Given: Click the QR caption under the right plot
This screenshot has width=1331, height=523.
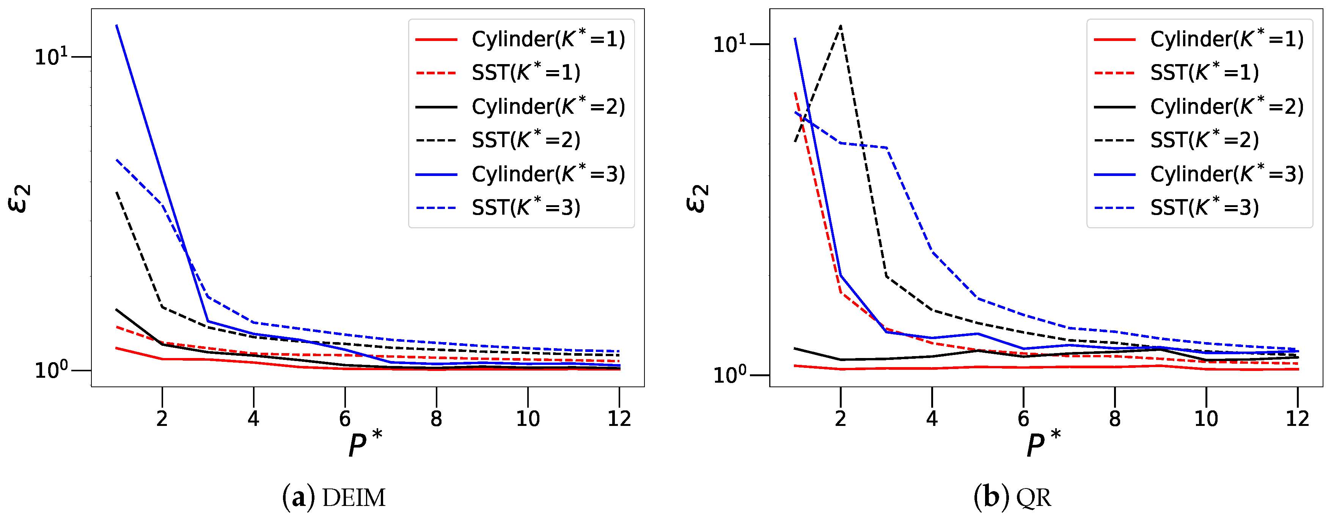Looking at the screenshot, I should coord(1012,497).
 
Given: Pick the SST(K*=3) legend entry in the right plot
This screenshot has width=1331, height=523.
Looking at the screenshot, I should coord(1204,208).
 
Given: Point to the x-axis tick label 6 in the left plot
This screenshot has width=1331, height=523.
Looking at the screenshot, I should coord(345,419).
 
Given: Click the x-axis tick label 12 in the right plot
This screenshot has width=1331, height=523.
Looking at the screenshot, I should coord(1297,419).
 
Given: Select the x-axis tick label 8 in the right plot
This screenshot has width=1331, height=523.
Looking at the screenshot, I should coord(1114,419).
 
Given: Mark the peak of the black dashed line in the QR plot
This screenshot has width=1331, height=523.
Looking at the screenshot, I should coord(841,26).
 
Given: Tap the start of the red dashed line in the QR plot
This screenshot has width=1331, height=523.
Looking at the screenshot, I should coord(795,93).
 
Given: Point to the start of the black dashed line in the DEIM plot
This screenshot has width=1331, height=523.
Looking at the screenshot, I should coord(117,192).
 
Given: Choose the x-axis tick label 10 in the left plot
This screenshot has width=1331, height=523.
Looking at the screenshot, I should coord(528,419).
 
